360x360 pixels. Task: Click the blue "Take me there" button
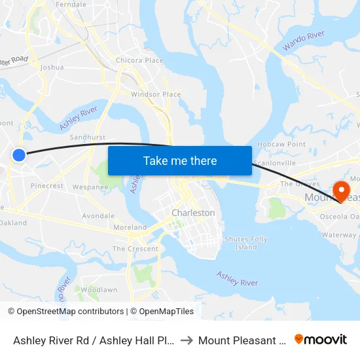point(180,160)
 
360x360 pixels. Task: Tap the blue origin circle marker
point(19,154)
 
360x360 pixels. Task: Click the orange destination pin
point(341,191)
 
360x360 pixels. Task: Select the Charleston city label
point(193,213)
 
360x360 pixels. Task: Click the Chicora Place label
point(139,61)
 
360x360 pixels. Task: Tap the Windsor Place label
point(156,94)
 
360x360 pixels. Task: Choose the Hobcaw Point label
point(281,144)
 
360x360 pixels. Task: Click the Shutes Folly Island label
point(246,243)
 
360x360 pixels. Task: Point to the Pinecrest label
point(47,186)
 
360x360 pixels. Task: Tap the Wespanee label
point(90,187)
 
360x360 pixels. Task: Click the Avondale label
point(98,216)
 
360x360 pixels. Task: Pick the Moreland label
point(130,227)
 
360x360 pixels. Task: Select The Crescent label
point(135,249)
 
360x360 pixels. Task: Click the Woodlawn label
point(99,290)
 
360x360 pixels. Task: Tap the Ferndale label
point(71,5)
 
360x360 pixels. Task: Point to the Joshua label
point(52,67)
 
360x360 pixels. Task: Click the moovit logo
point(321,339)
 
